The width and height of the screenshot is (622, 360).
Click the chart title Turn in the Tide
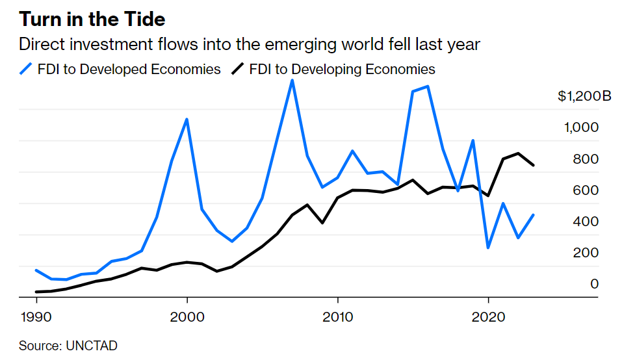coord(92,19)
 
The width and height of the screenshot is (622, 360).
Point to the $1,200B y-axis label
coord(584,97)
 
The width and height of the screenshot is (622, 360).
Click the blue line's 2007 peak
coord(292,81)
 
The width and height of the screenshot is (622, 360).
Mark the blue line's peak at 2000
coord(187,119)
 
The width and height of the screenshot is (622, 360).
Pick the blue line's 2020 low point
coord(488,248)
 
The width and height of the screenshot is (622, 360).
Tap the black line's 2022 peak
coord(518,153)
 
